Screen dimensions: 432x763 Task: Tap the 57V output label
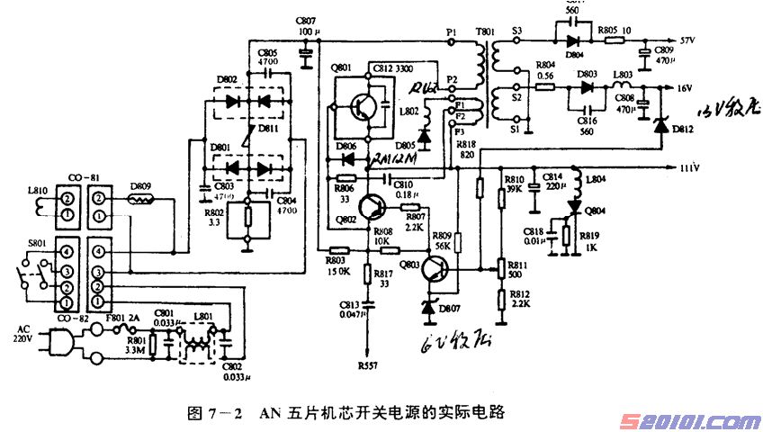click(689, 41)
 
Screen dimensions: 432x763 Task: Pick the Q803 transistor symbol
click(436, 269)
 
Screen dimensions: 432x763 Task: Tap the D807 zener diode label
click(450, 310)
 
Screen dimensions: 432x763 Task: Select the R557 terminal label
click(367, 366)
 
